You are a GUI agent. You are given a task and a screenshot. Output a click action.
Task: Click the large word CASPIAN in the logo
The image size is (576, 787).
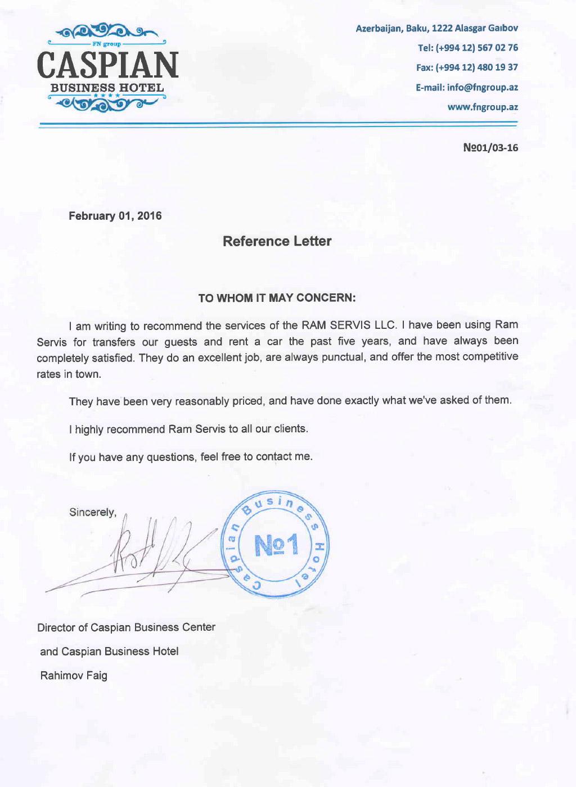point(107,65)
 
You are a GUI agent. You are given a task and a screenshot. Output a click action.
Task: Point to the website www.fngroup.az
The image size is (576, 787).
point(482,107)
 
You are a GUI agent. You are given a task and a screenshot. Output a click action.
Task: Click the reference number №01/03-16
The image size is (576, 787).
point(490,148)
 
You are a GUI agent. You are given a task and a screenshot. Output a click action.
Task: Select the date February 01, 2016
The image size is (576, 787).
point(115,216)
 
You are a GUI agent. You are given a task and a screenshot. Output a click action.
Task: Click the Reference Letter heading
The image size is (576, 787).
point(277,242)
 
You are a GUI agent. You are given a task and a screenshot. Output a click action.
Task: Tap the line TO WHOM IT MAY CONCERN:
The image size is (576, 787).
point(277,298)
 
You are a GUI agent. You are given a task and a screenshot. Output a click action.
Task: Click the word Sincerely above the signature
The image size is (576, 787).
point(92,513)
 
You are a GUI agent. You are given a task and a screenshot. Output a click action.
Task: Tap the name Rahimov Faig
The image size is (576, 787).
point(74,675)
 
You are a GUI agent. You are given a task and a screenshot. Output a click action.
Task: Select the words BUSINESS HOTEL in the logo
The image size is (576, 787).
point(107,88)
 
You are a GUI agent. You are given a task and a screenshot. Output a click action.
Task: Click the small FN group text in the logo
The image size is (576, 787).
point(107,43)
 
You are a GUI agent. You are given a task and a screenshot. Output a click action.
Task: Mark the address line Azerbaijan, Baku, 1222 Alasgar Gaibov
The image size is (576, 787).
point(437,28)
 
